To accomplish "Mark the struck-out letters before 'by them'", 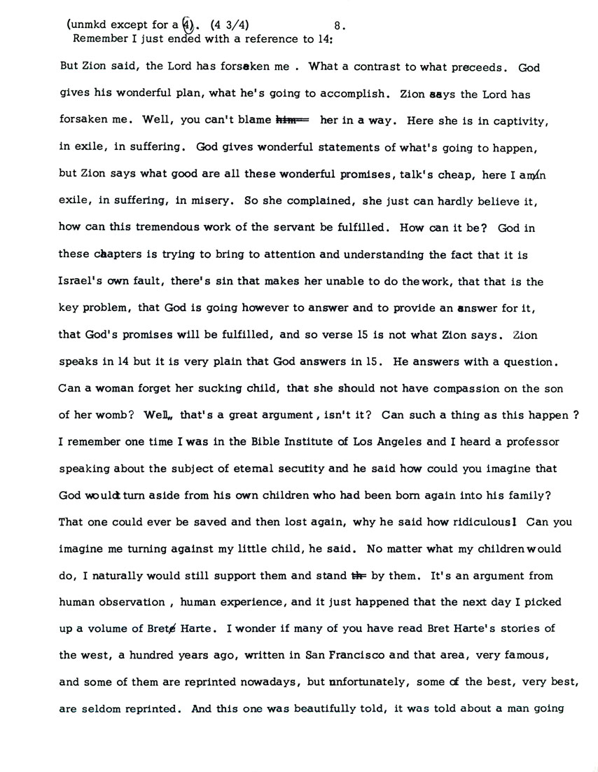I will pyautogui.click(x=359, y=576).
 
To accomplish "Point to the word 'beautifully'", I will pyautogui.click(x=327, y=708).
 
